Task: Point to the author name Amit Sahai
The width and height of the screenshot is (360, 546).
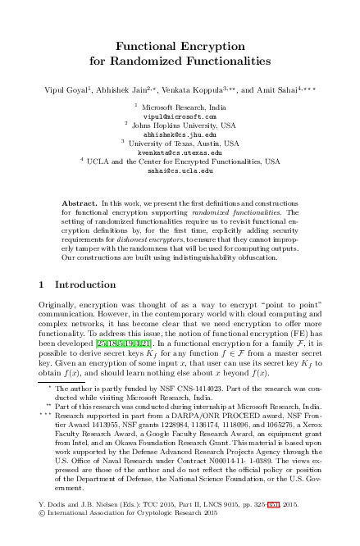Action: (288, 87)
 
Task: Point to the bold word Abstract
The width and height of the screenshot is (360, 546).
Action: (80, 202)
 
